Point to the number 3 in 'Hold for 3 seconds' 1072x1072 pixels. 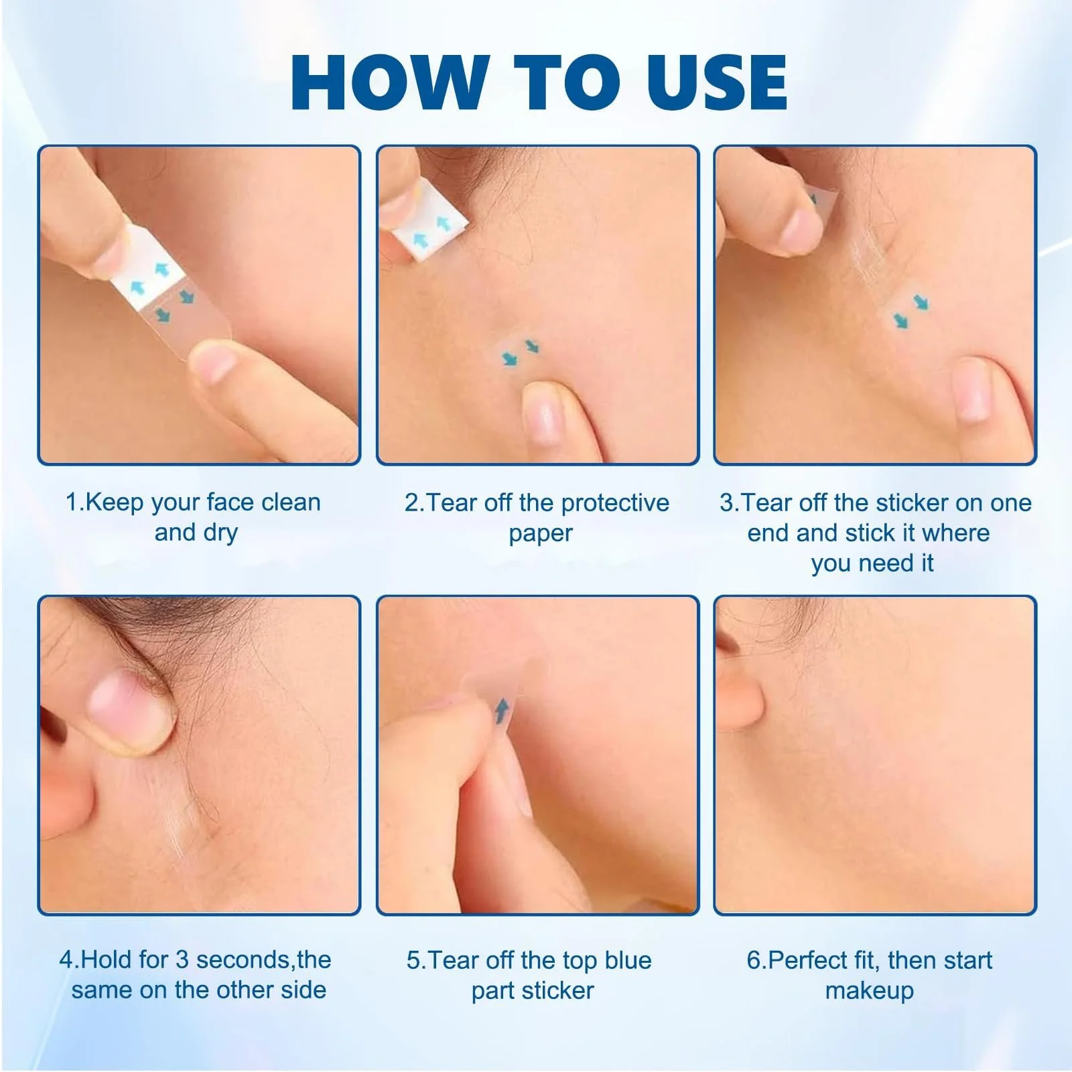coord(182,959)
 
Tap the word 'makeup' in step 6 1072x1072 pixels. coord(870,990)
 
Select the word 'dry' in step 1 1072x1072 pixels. coord(221,533)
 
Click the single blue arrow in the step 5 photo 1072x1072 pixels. coord(501,712)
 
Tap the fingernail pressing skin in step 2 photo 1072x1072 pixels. coord(541,414)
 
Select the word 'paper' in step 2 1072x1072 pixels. coord(541,534)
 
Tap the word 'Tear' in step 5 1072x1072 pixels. coord(454,960)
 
